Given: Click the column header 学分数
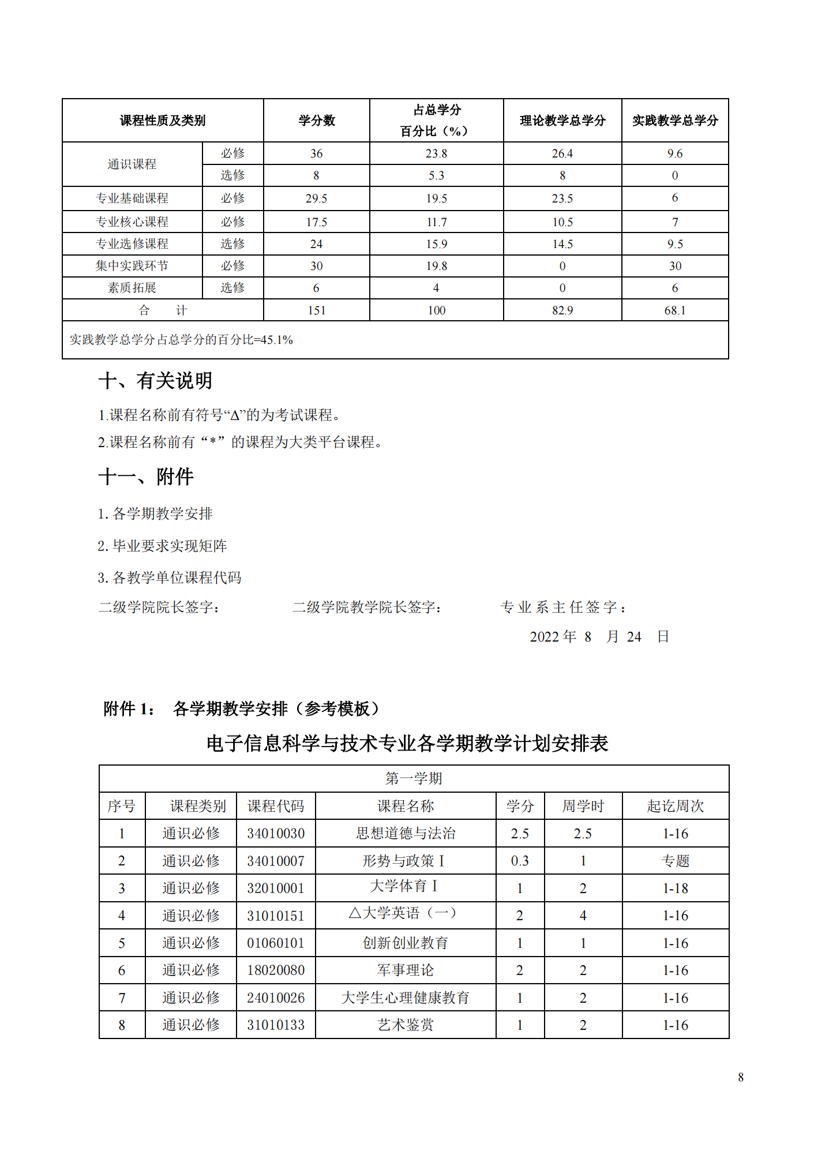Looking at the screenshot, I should [316, 121].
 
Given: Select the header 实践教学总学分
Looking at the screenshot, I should [675, 121].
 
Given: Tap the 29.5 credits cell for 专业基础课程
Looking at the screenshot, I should [316, 198].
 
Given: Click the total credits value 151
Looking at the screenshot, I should [316, 310].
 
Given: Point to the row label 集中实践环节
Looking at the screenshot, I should [132, 266].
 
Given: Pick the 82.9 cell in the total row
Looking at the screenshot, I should [562, 310].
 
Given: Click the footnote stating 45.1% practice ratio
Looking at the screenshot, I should [181, 340].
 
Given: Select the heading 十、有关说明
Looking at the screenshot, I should [155, 381].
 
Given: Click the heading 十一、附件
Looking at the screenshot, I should [146, 477].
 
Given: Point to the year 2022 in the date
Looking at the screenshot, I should [544, 636].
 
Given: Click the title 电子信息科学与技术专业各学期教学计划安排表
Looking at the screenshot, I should [407, 743].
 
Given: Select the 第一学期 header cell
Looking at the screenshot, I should [414, 778].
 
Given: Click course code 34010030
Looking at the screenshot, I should [276, 833].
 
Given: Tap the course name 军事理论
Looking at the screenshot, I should [405, 970].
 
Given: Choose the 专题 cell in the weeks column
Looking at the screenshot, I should [675, 861].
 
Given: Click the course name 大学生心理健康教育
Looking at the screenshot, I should [405, 998].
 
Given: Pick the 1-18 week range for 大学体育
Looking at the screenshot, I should [675, 888].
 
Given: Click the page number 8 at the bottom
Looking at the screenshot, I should [741, 1077].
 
